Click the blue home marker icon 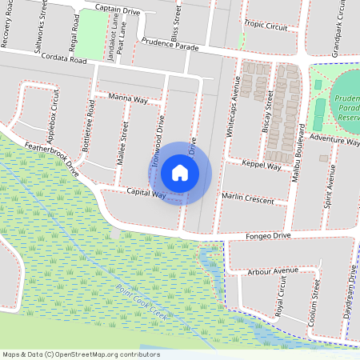(x=180, y=172)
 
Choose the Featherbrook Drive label (x=52, y=158)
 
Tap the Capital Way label (x=146, y=194)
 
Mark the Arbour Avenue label (x=273, y=272)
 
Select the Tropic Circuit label (x=266, y=26)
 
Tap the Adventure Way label (x=334, y=140)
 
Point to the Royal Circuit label (x=282, y=302)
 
